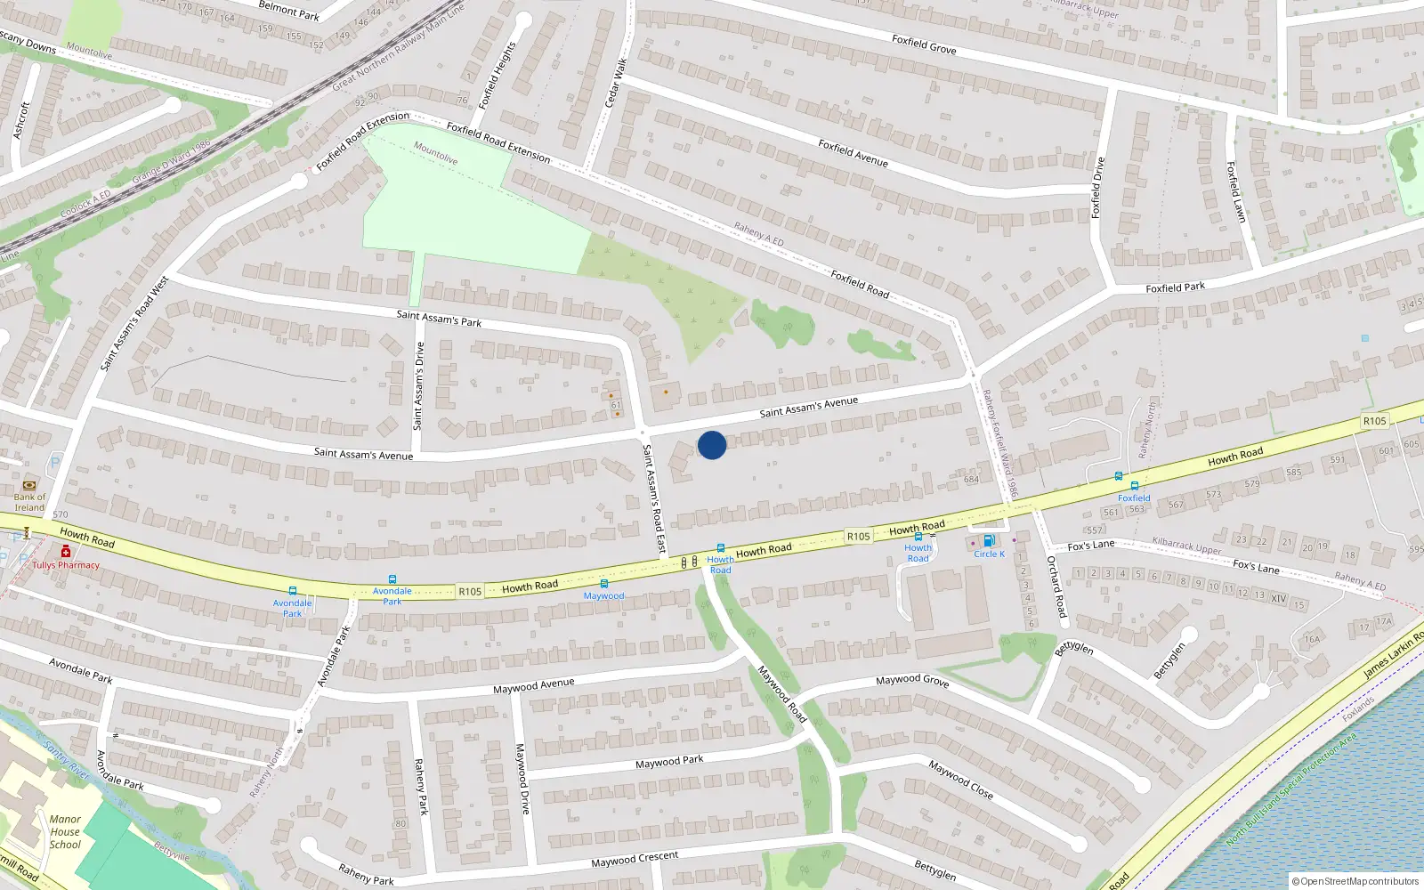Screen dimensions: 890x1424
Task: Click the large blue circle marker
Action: pos(712,445)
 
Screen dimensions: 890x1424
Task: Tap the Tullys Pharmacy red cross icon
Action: pos(66,552)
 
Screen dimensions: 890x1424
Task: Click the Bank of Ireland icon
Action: pos(29,485)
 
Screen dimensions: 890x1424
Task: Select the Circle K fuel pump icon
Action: pos(988,541)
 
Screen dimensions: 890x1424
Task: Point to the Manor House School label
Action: pos(65,832)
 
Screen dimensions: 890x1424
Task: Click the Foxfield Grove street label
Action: pos(924,44)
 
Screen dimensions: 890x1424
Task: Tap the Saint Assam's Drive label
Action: pos(419,385)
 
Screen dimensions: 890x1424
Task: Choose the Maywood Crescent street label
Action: pos(635,860)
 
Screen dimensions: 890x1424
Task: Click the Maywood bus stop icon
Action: pos(604,584)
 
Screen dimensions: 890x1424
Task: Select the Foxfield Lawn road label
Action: pos(1235,191)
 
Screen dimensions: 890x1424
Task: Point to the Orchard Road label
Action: pos(1056,587)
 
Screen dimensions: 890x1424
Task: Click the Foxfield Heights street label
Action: pos(497,76)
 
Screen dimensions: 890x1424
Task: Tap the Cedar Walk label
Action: pos(616,83)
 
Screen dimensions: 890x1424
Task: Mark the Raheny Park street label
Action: pos(421,786)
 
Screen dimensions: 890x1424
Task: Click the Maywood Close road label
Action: pos(960,780)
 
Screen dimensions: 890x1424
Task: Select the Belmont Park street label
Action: pos(288,11)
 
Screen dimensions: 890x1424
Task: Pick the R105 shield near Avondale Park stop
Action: pos(470,592)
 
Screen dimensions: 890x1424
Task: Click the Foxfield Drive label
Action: pos(1097,187)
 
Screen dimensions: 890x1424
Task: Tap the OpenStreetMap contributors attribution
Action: pos(1355,881)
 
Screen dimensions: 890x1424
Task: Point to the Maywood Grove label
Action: pos(912,680)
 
